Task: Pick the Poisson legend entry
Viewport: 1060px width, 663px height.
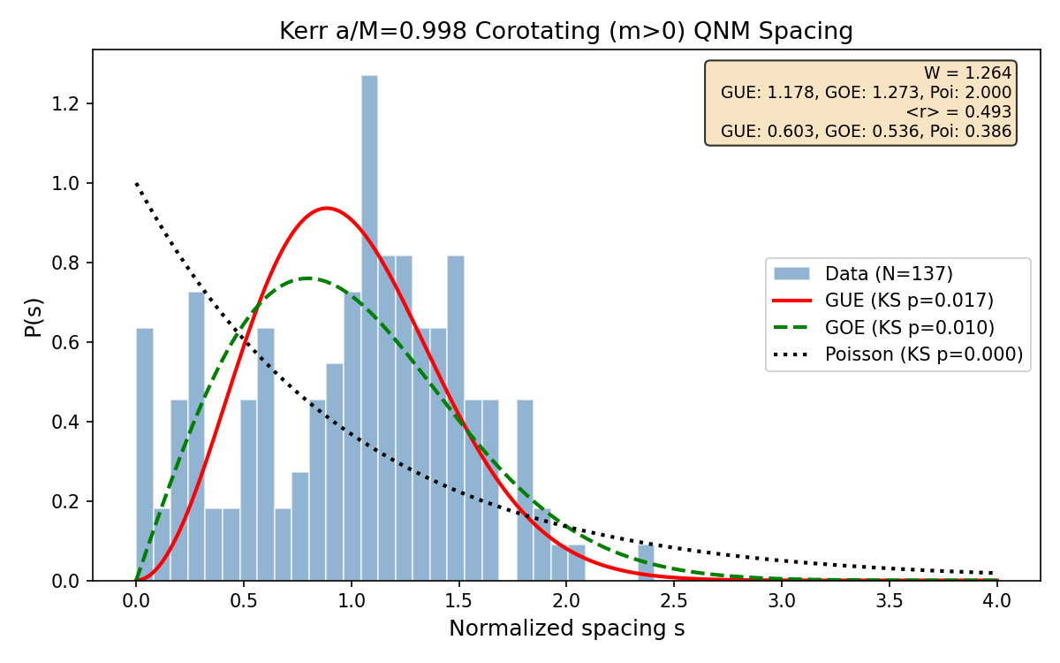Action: pyautogui.click(x=923, y=354)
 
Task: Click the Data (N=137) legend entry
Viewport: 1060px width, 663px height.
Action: pyautogui.click(x=889, y=273)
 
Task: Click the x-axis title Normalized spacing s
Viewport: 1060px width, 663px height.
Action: pyautogui.click(x=566, y=629)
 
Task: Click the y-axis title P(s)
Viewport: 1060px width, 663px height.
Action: pyautogui.click(x=33, y=316)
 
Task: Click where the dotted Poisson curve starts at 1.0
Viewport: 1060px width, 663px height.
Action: pyautogui.click(x=137, y=184)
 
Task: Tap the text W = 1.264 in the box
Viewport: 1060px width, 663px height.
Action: pyautogui.click(x=967, y=73)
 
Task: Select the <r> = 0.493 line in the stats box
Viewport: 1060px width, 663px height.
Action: pyautogui.click(x=958, y=112)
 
